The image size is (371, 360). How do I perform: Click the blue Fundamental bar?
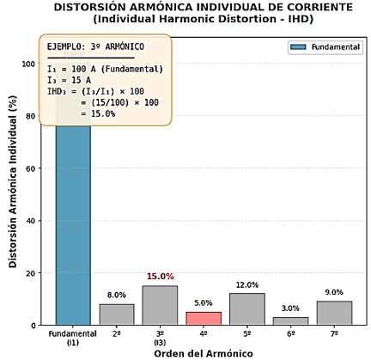pyautogui.click(x=73, y=232)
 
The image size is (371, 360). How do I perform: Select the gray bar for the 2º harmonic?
pyautogui.click(x=117, y=314)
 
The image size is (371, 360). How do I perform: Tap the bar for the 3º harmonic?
pyautogui.click(x=160, y=306)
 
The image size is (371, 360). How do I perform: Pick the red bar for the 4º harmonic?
pyautogui.click(x=204, y=318)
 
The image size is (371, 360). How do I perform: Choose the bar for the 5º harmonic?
pyautogui.click(x=246, y=309)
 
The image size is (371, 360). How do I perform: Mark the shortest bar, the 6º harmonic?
pyautogui.click(x=290, y=320)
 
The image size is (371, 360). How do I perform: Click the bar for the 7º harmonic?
pyautogui.click(x=334, y=313)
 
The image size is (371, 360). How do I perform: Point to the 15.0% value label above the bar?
pyautogui.click(x=160, y=277)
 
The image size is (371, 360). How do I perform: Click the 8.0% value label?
pyautogui.click(x=117, y=296)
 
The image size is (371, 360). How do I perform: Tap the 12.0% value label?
pyautogui.click(x=247, y=285)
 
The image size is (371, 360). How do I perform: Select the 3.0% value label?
pyautogui.click(x=290, y=308)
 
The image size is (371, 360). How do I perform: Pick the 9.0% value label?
pyautogui.click(x=334, y=292)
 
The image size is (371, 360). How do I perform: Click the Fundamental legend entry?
pyautogui.click(x=325, y=47)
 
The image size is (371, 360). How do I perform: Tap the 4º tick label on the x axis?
pyautogui.click(x=204, y=333)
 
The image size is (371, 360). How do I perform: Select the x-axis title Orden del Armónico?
pyautogui.click(x=204, y=352)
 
